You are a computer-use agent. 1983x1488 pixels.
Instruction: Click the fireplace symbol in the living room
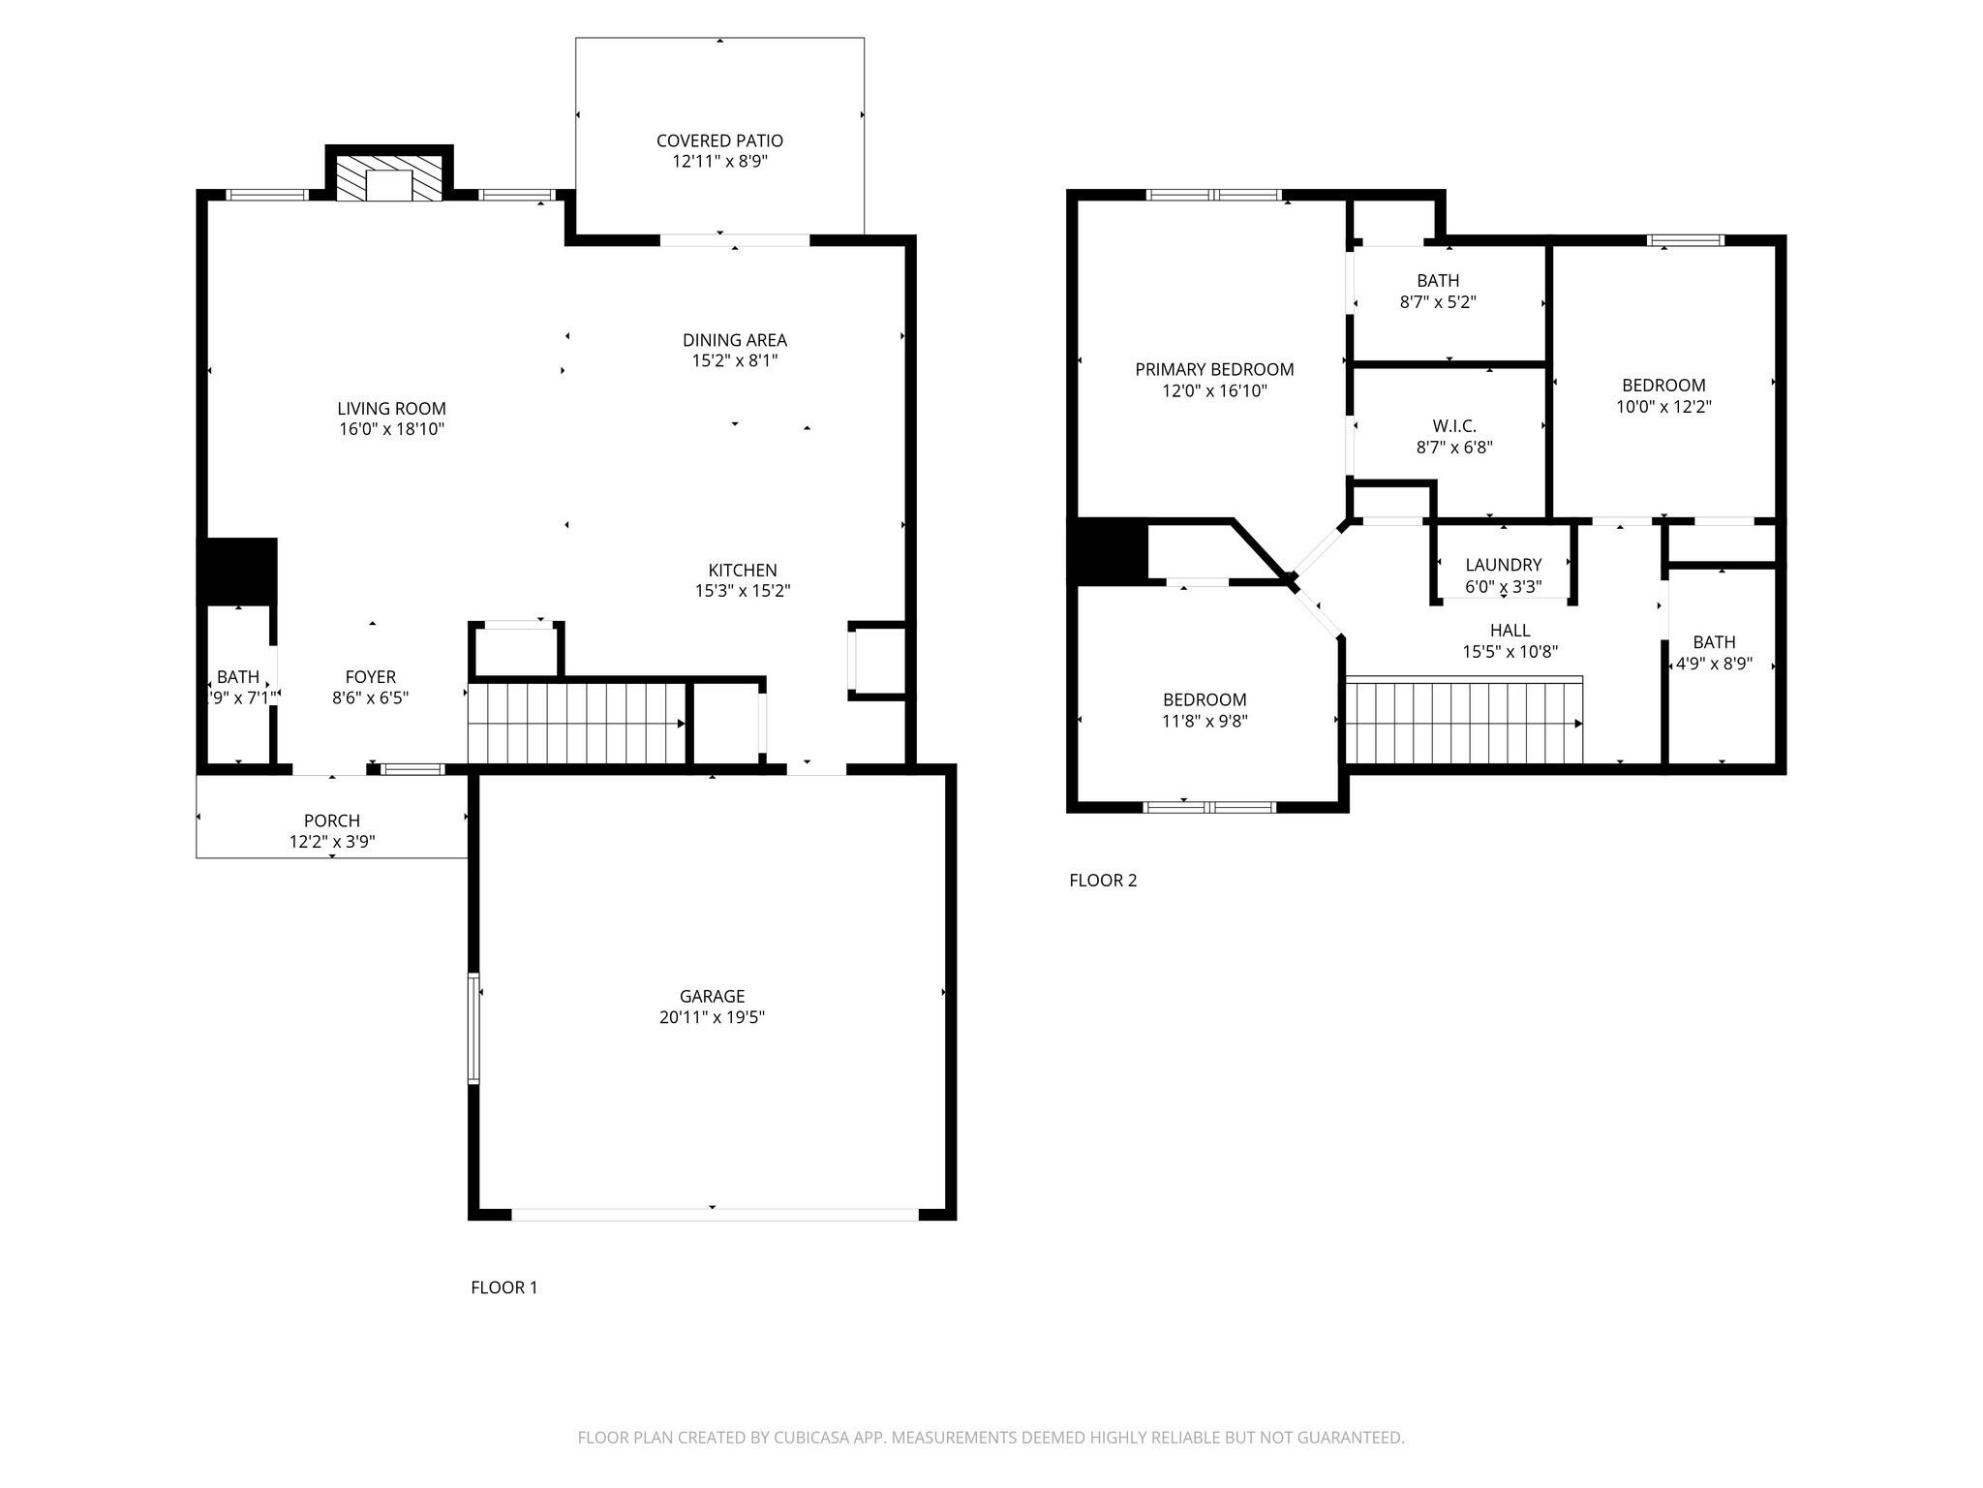tap(389, 178)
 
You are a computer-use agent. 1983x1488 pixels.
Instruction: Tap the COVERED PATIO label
tap(719, 141)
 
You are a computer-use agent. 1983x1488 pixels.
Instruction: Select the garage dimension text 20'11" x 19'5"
tap(712, 1017)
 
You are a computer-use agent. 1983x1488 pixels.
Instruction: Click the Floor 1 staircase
tap(577, 724)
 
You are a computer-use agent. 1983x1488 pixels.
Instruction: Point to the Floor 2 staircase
tap(1464, 723)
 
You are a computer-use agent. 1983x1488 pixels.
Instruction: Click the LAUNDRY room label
tap(1503, 565)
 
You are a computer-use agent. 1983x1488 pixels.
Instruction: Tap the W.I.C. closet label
tap(1454, 426)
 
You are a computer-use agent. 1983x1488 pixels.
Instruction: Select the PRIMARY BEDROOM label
tap(1214, 369)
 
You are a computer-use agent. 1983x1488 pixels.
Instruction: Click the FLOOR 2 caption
tap(1103, 881)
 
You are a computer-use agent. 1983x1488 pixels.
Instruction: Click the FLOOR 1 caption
tap(503, 1287)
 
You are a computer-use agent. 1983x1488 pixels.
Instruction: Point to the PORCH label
tap(332, 821)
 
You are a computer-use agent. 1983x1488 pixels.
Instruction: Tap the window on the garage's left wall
tap(473, 1028)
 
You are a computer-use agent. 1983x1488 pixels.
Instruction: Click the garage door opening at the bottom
tap(714, 1214)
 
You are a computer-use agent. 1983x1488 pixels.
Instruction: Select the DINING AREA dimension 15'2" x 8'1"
tap(734, 361)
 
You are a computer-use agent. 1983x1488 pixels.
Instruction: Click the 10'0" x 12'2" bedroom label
tap(1663, 407)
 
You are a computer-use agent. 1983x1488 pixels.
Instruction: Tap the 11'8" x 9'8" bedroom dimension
tap(1205, 721)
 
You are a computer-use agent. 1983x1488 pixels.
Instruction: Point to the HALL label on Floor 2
tap(1510, 631)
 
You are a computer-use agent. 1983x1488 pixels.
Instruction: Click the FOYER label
tap(371, 677)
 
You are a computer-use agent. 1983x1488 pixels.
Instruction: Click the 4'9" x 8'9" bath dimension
tap(1714, 665)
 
